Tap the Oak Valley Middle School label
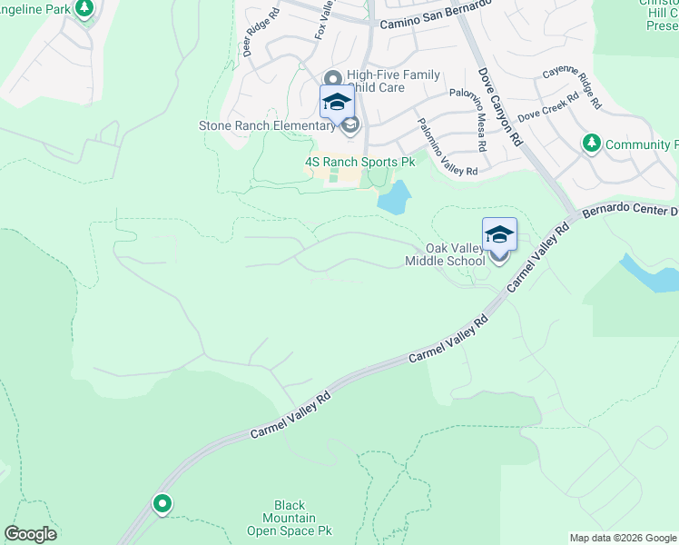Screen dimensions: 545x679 (445, 255)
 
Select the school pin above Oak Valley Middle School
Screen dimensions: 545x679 (499, 234)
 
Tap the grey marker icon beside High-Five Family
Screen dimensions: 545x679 (332, 79)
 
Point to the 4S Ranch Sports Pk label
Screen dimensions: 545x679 (359, 162)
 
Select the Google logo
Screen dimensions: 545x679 (30, 534)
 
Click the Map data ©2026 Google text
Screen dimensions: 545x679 (623, 538)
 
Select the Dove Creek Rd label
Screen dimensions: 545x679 (547, 110)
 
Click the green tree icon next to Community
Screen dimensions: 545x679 (591, 144)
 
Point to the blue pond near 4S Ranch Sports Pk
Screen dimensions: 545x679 (394, 197)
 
